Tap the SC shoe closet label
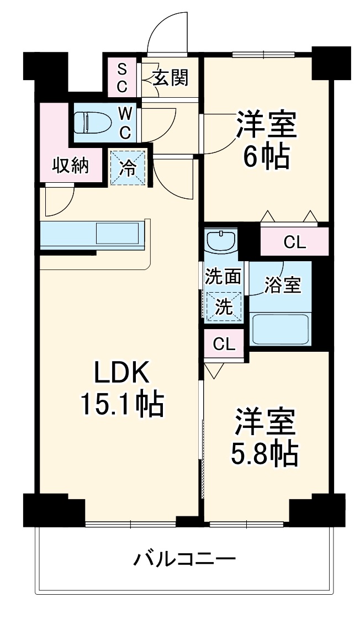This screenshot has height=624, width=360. pyautogui.click(x=123, y=77)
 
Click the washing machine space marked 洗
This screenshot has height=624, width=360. pyautogui.click(x=223, y=307)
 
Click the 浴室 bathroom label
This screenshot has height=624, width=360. pyautogui.click(x=282, y=285)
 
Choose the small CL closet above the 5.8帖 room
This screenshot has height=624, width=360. pyautogui.click(x=224, y=345)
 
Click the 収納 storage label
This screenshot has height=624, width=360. pyautogui.click(x=71, y=166)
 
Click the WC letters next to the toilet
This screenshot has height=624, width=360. pyautogui.click(x=126, y=123)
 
